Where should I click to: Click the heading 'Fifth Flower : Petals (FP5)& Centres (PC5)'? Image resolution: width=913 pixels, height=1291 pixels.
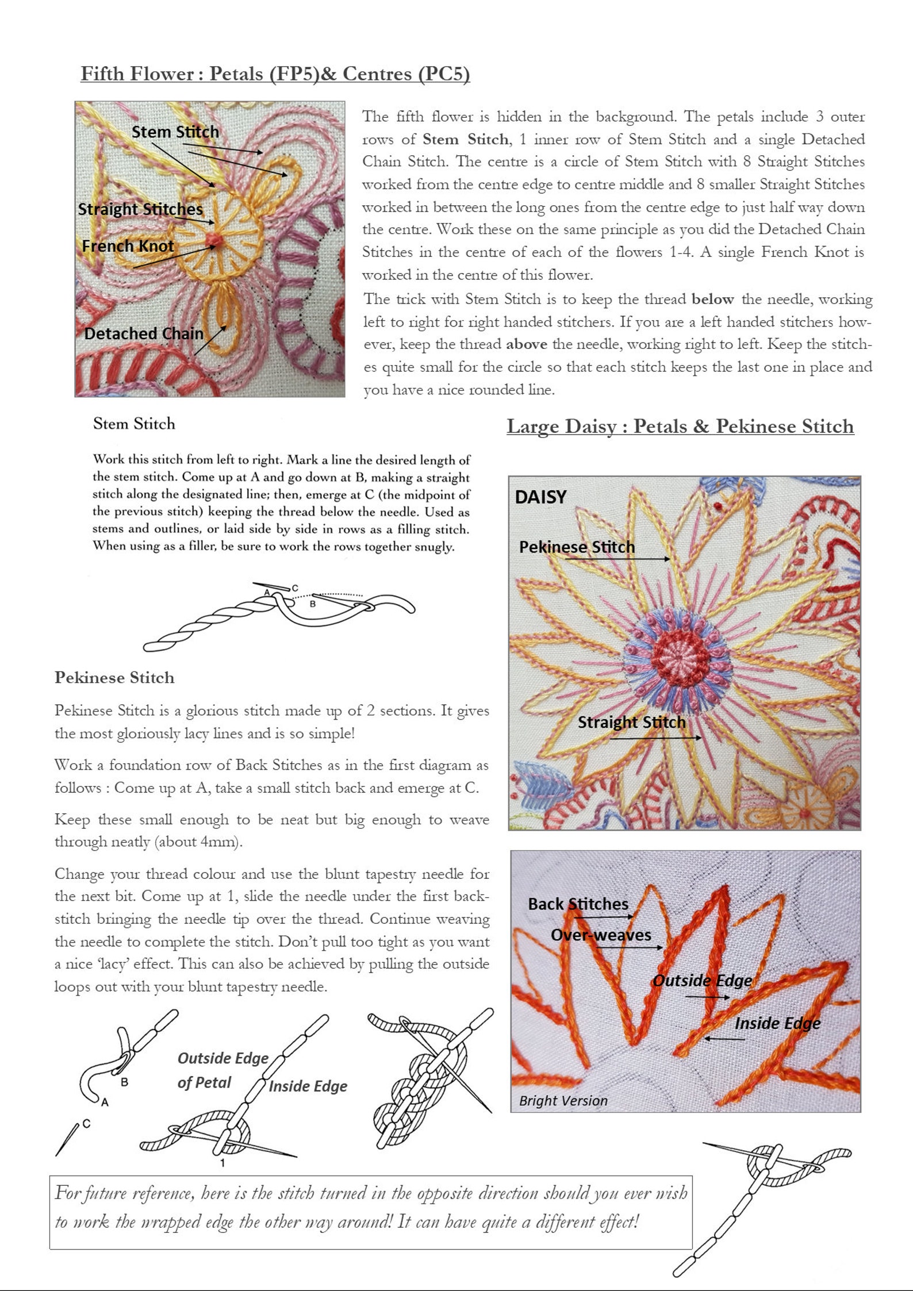pos(275,74)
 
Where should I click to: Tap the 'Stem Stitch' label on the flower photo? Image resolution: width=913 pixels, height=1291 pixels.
pos(175,132)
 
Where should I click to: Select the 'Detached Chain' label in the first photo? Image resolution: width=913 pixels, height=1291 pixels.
pos(144,333)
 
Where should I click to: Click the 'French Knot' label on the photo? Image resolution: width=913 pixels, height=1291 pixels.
pos(128,246)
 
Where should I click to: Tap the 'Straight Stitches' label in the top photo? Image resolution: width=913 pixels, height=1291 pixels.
pos(140,209)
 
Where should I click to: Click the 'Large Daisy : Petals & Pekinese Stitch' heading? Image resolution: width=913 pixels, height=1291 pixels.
pos(680,427)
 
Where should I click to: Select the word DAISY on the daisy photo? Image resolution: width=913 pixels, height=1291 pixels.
pos(540,497)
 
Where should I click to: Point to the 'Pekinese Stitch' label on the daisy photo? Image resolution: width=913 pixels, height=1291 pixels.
pos(577,547)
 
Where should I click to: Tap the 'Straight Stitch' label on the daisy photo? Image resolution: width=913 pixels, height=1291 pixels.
pos(631,722)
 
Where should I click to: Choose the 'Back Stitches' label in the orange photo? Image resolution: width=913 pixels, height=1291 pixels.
pos(578,904)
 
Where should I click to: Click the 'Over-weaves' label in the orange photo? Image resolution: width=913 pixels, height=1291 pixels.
pos(601,935)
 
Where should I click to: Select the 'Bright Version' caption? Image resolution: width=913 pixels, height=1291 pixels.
pos(563,1101)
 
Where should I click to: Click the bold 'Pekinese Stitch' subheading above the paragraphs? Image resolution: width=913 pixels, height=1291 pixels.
pos(114,678)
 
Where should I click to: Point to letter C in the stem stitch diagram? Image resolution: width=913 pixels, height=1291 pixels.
pos(295,588)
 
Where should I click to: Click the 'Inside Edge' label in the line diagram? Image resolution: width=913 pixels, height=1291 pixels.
pos(308,1086)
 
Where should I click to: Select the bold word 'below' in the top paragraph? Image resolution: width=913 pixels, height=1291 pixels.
pos(712,299)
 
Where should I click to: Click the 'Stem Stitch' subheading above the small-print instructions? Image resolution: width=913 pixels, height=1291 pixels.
pos(134,424)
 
